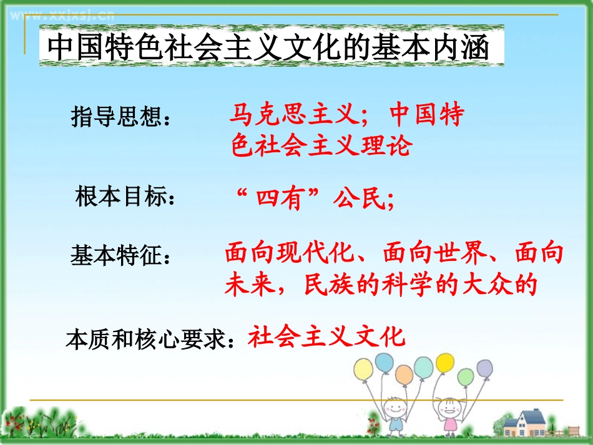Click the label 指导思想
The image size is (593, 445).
click(x=121, y=117)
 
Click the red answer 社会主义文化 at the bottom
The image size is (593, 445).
click(x=326, y=337)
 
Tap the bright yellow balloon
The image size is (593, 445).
click(x=445, y=362)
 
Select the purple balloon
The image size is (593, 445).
click(x=484, y=368)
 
